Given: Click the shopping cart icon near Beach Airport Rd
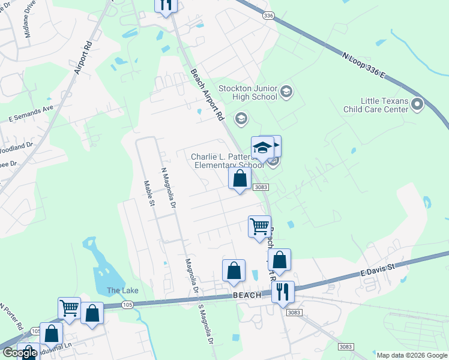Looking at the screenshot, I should [259, 227].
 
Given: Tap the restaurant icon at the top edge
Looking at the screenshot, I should [166, 5].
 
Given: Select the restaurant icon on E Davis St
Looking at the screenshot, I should [283, 292].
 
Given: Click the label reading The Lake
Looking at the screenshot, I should [122, 290].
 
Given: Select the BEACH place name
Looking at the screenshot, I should [247, 295].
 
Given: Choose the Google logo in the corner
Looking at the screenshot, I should [20, 353].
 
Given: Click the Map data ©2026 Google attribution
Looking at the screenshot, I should [412, 355].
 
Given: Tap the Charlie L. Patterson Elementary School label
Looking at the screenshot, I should [227, 161].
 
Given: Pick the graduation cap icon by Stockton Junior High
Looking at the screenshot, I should [286, 92].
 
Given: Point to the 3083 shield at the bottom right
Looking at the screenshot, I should [345, 347].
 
